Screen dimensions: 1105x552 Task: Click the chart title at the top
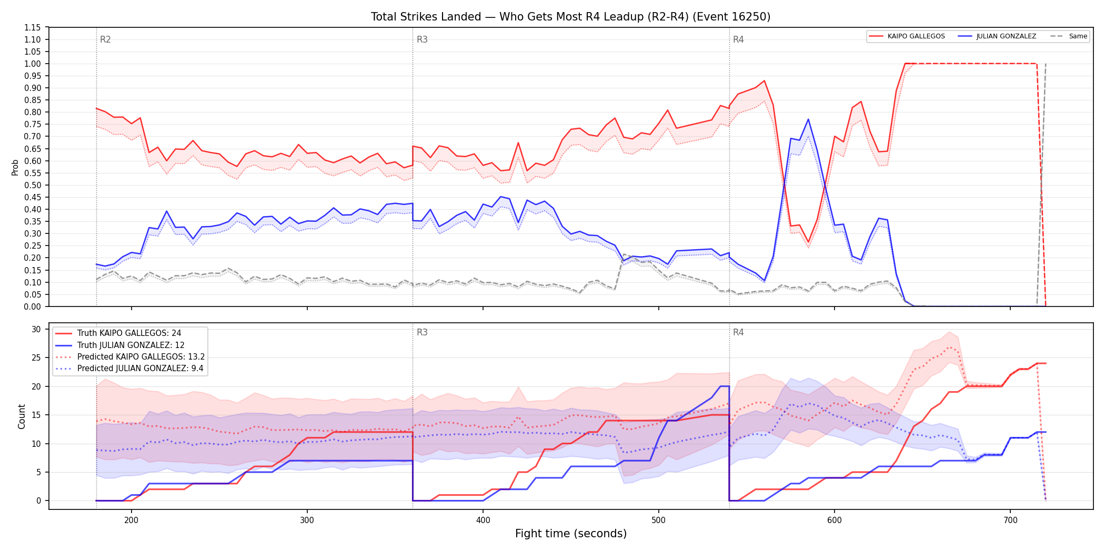tap(570, 17)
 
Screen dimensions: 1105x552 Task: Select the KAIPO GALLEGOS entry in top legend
tap(916, 36)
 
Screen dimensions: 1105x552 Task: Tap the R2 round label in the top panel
tap(105, 39)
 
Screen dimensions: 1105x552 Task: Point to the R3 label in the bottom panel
tap(422, 332)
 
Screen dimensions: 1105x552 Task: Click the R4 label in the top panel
tap(738, 39)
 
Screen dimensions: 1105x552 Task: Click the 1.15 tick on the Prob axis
tap(32, 27)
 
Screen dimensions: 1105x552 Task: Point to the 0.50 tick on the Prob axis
tap(32, 185)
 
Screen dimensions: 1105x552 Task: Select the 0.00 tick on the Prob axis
tap(32, 306)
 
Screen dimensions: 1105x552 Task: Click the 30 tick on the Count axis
tap(36, 329)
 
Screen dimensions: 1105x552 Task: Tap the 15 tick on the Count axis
tap(36, 415)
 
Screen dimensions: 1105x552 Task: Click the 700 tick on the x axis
tap(1010, 520)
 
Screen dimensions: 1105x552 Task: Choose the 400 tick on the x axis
tap(483, 520)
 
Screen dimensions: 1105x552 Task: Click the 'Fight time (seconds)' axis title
tap(571, 534)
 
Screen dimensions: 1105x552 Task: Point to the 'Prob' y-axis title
tap(15, 167)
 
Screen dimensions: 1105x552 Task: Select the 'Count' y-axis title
tap(22, 416)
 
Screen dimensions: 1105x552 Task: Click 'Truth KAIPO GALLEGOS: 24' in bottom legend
tap(129, 333)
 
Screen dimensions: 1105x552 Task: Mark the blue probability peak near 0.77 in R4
tap(808, 119)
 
